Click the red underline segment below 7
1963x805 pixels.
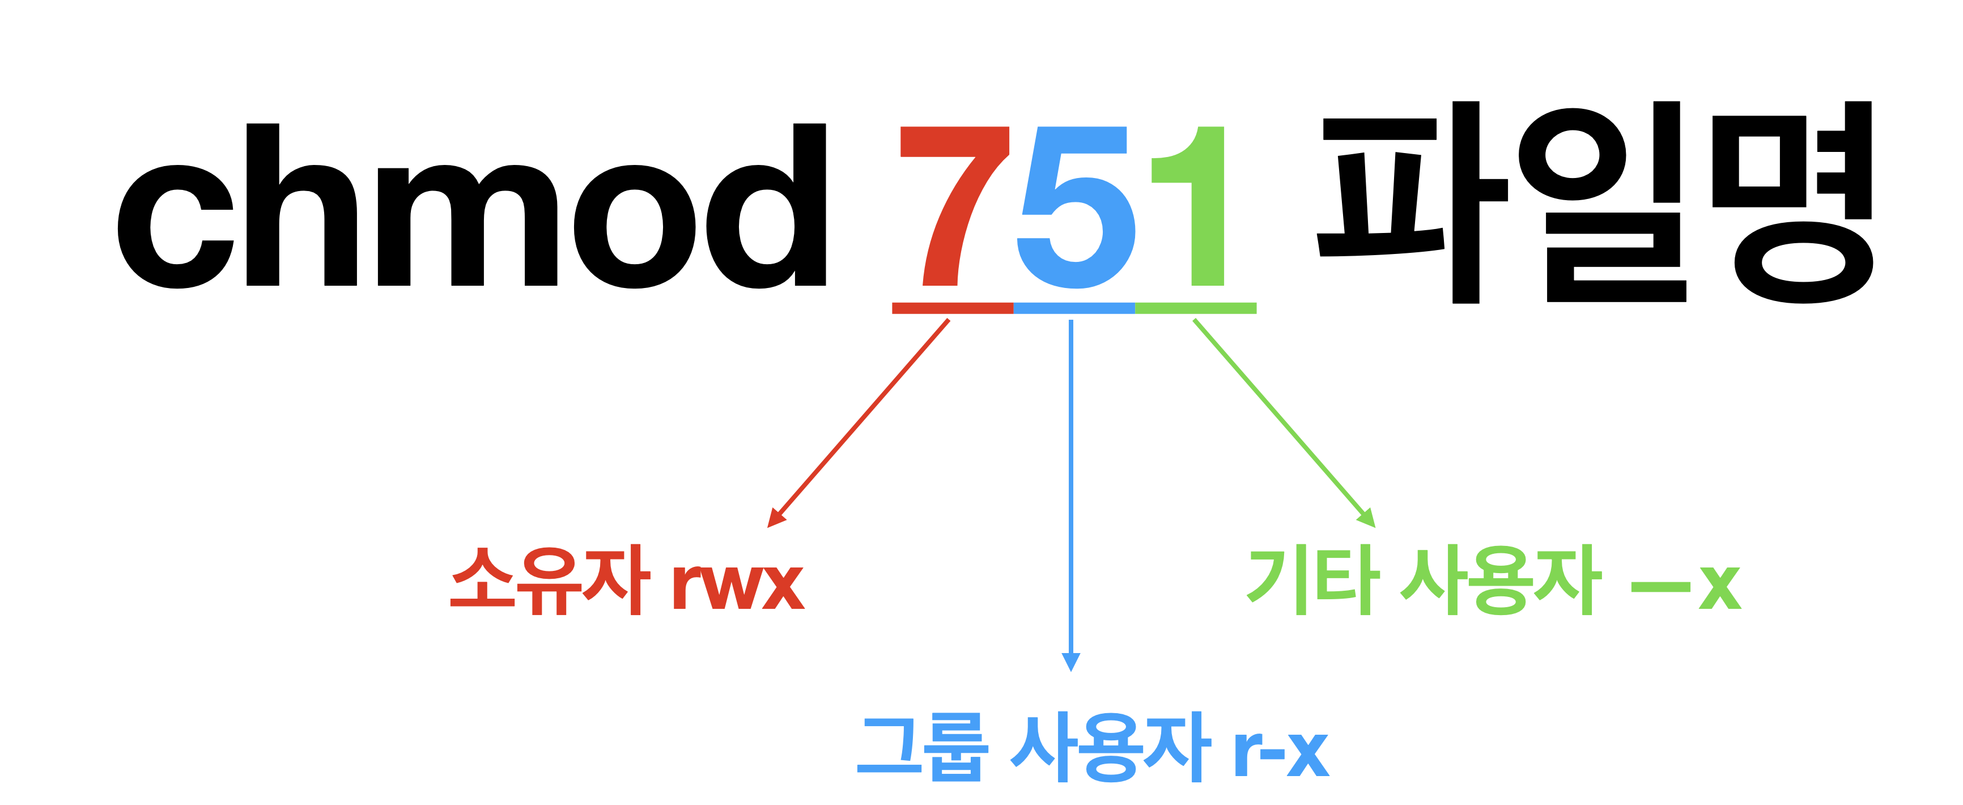coord(953,308)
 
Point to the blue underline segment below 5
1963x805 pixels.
coord(1074,308)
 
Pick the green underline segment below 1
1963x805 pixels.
coord(1196,308)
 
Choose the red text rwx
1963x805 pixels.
coord(738,586)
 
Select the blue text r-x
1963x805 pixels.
coord(1281,754)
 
